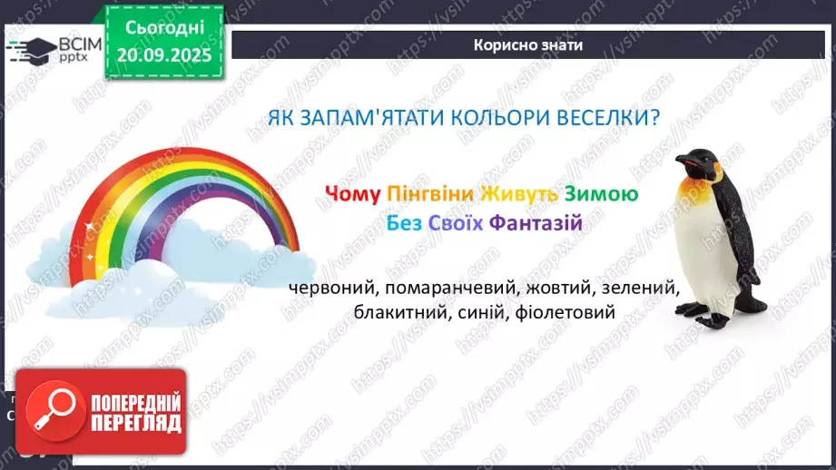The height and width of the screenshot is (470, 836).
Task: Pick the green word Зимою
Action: coord(601,194)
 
